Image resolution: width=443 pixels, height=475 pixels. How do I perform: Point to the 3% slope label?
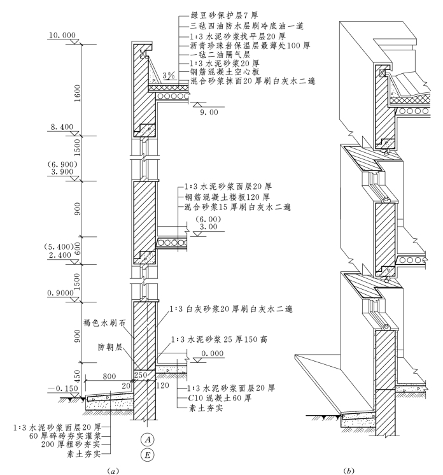(x=169, y=74)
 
